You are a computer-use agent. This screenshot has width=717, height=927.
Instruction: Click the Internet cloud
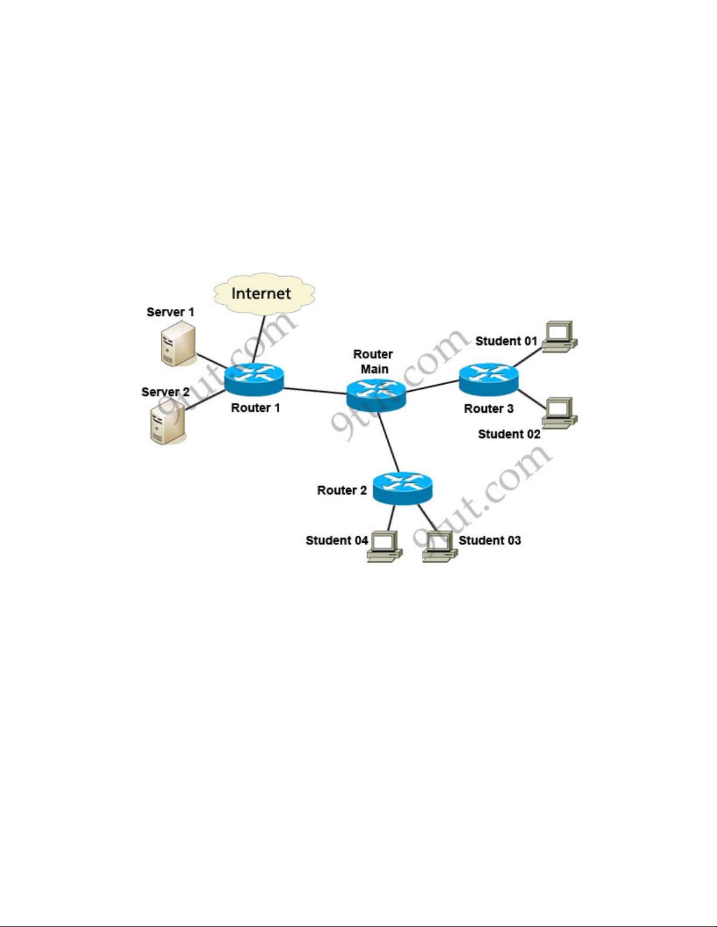tap(264, 294)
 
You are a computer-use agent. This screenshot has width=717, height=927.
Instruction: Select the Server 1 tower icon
tap(179, 343)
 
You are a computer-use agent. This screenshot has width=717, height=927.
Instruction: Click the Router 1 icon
tap(254, 380)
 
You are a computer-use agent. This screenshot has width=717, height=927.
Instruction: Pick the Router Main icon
tap(376, 395)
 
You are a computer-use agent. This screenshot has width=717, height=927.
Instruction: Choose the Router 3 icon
tap(489, 380)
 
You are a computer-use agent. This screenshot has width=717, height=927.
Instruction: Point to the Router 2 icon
tap(403, 488)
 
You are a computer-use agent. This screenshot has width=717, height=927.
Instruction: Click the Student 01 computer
tap(560, 337)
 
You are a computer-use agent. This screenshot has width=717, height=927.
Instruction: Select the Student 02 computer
tap(560, 413)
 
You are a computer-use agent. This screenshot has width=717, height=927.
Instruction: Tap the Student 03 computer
tap(440, 547)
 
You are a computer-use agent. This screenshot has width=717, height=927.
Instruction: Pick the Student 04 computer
tap(385, 547)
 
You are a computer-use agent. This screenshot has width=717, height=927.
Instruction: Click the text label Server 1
tap(170, 312)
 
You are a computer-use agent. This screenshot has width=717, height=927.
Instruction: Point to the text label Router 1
tap(255, 408)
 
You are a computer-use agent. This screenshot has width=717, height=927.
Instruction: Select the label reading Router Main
tap(373, 361)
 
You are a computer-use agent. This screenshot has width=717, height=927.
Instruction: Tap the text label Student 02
tap(509, 434)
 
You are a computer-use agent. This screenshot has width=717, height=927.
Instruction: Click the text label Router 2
tap(342, 490)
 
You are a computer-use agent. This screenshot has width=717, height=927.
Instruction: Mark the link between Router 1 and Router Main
tap(315, 391)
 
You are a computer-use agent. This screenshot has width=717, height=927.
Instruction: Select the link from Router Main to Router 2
tap(389, 442)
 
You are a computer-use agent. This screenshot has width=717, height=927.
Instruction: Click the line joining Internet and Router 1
tap(259, 339)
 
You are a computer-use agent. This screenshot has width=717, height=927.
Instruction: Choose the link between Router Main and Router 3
tap(433, 386)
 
